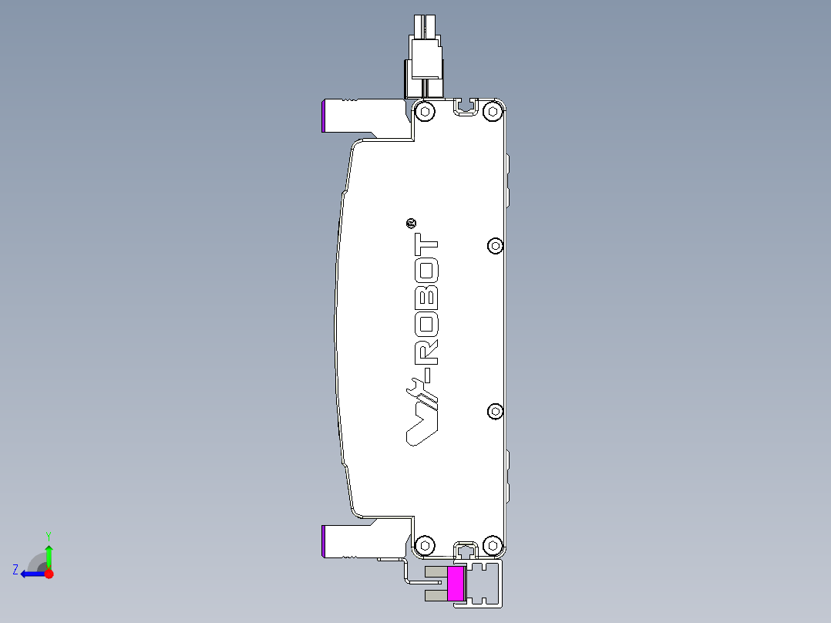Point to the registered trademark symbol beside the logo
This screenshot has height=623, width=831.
(411, 224)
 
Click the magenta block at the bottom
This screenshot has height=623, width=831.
(456, 583)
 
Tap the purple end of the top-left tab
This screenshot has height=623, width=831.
(324, 116)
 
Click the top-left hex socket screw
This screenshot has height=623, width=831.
(424, 112)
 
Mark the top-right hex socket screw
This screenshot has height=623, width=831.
(493, 112)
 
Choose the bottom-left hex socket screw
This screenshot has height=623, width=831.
(424, 546)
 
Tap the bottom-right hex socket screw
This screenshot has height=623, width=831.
(493, 546)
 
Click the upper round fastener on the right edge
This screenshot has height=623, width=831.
(496, 246)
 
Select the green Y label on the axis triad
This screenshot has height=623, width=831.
(48, 534)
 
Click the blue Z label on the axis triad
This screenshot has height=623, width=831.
(15, 570)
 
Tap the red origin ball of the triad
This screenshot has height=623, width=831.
(49, 574)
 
